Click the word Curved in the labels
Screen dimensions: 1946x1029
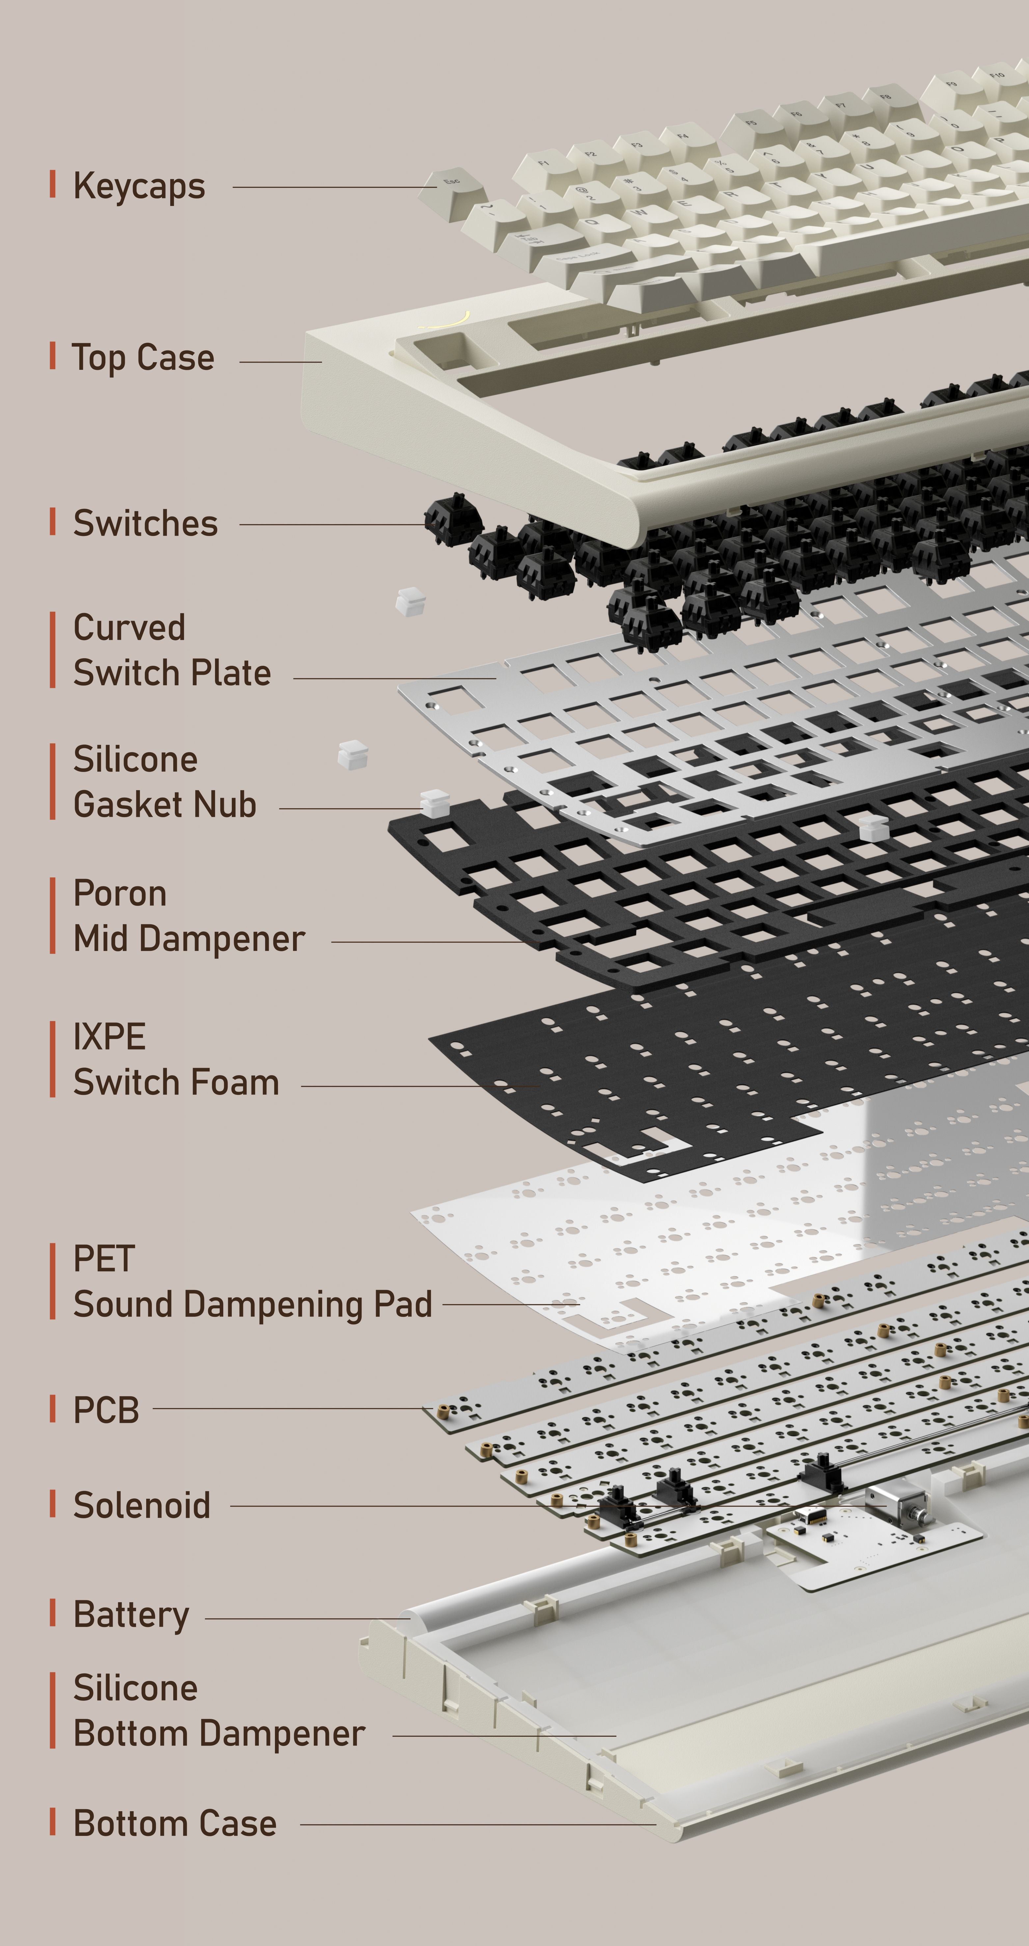coord(129,628)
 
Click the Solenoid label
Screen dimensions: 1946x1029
coord(142,1506)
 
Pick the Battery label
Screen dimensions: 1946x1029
coord(131,1616)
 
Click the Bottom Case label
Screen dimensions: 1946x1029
coord(175,1823)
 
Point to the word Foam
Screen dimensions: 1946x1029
coord(246,1082)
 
